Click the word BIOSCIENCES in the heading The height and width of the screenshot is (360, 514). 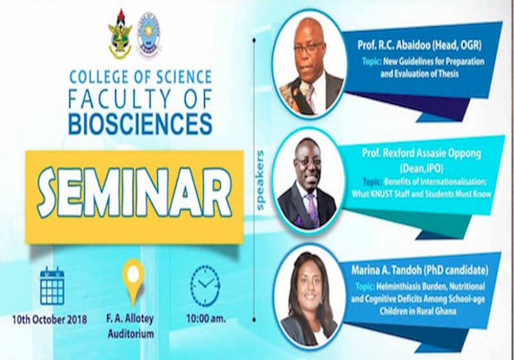click(x=141, y=123)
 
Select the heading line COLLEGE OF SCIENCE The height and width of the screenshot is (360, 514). click(x=141, y=77)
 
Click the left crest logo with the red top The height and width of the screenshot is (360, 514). click(x=121, y=36)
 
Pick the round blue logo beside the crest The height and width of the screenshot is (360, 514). click(x=149, y=35)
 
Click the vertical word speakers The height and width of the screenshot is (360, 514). click(x=260, y=180)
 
